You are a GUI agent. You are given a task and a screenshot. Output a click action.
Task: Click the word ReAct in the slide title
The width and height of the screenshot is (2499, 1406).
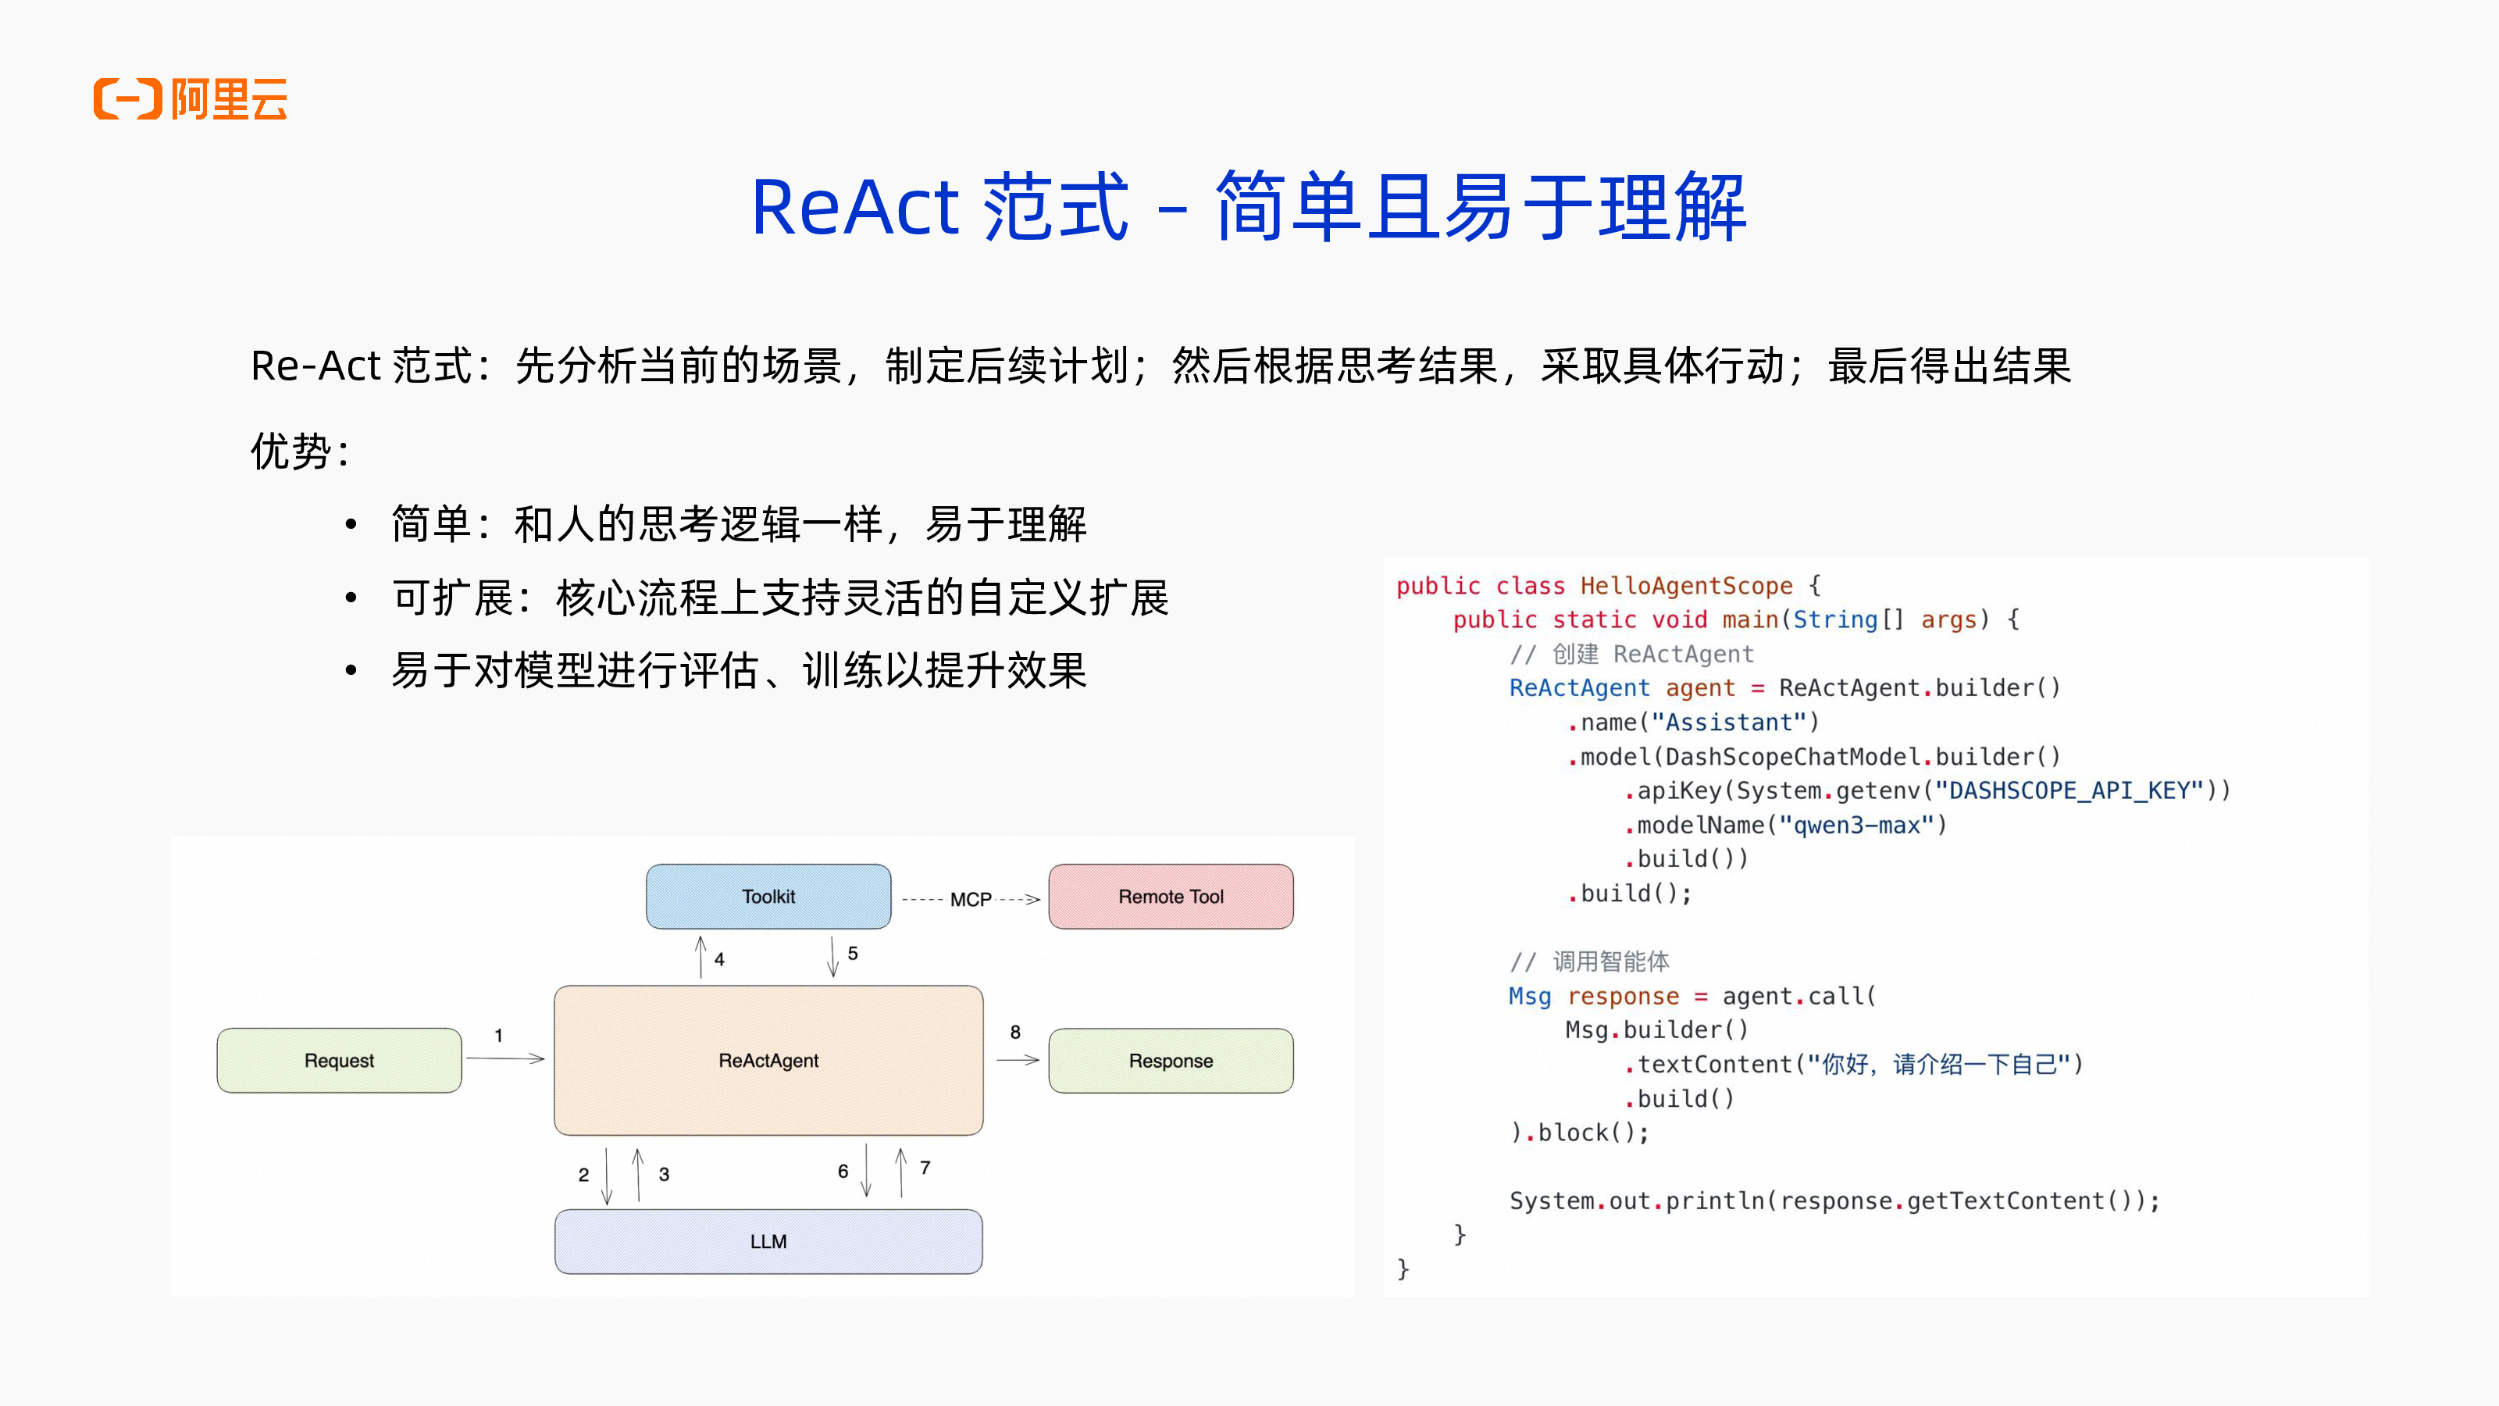tap(854, 208)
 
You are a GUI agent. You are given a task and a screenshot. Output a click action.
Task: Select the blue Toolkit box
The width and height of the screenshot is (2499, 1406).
tap(768, 897)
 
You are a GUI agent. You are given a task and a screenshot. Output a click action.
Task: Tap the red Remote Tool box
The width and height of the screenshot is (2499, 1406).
tap(1170, 897)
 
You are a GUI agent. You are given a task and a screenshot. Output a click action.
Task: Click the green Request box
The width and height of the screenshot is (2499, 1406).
tap(339, 1061)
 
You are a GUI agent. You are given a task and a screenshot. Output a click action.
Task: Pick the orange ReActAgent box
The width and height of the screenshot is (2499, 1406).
tap(768, 1061)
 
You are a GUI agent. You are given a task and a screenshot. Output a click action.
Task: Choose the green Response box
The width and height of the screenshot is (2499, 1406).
tap(1170, 1061)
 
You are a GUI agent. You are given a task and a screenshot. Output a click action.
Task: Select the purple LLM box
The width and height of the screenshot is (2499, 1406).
tap(768, 1241)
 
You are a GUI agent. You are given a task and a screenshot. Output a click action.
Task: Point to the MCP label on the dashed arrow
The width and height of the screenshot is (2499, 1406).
tap(970, 900)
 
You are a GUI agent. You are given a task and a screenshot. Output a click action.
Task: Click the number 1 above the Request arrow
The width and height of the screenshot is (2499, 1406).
tap(499, 1035)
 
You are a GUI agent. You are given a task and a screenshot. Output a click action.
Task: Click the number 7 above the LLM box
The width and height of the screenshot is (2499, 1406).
tap(925, 1167)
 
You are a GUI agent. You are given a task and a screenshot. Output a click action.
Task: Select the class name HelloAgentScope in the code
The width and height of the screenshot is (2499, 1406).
tap(1686, 586)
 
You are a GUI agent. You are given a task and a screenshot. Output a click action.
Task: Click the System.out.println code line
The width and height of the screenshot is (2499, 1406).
tap(1834, 1201)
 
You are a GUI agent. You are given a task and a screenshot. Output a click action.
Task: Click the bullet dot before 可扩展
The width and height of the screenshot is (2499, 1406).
tap(351, 598)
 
